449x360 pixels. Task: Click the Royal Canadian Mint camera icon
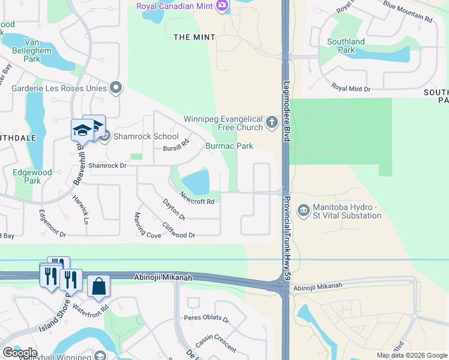point(223,6)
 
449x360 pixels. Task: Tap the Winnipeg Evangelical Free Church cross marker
point(272,122)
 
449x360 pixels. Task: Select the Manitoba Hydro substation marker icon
point(304,210)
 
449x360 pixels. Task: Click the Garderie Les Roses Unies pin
point(116,88)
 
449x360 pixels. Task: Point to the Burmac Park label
point(229,146)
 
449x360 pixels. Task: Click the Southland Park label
point(346,46)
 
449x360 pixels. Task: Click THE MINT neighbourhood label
point(190,37)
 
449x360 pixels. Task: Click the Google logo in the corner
point(20,353)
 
